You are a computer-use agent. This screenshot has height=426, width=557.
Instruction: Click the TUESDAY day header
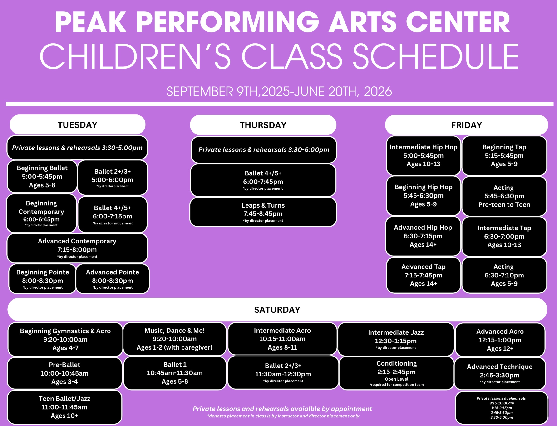click(x=78, y=124)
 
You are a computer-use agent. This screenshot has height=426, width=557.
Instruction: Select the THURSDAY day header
click(x=263, y=125)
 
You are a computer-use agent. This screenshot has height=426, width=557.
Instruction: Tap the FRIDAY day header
click(x=467, y=125)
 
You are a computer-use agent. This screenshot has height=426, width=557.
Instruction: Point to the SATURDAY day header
click(x=277, y=310)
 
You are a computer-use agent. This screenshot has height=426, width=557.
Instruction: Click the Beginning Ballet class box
click(x=42, y=177)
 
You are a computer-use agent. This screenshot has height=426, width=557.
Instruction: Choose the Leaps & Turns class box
click(x=263, y=212)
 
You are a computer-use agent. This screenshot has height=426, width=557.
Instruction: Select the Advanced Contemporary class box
click(x=77, y=248)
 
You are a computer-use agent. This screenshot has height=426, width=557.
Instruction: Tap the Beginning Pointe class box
click(x=42, y=279)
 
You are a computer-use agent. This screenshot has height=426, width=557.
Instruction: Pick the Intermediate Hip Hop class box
click(x=423, y=155)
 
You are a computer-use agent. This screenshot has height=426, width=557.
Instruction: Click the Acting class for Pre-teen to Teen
click(x=504, y=196)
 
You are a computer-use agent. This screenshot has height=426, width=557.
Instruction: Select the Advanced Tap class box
click(x=423, y=275)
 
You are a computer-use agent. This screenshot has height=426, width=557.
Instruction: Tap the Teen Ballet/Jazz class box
click(x=64, y=407)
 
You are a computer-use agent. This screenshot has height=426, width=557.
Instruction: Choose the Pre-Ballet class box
click(x=64, y=373)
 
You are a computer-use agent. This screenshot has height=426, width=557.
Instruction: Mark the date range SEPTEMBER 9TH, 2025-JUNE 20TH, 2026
click(x=279, y=92)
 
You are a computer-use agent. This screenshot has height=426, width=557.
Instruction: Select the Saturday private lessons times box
click(x=502, y=408)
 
